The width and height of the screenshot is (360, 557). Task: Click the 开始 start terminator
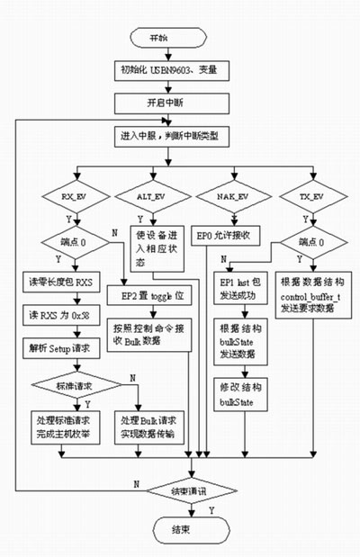[x=161, y=39]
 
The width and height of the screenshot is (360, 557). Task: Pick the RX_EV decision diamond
[x=73, y=196]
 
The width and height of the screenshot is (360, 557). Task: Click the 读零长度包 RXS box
[x=65, y=283]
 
